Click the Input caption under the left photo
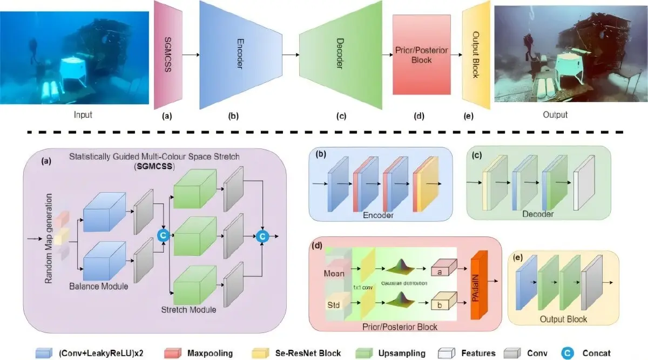tap(83, 114)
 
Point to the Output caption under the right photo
tap(556, 114)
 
